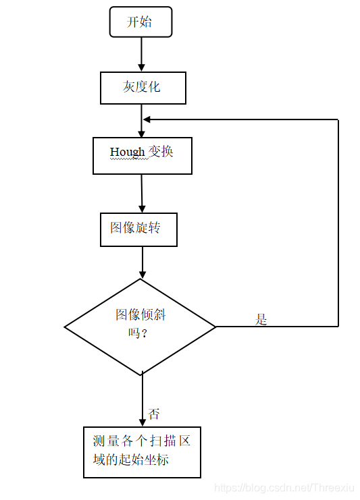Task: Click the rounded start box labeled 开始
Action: point(140,22)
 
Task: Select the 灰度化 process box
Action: point(143,88)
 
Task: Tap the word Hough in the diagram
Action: point(128,152)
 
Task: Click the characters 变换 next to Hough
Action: point(161,151)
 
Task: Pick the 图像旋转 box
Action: point(139,229)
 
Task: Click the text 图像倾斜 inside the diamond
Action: point(140,314)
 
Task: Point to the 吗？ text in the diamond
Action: point(138,333)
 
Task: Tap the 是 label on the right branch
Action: point(261,319)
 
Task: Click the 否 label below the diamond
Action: point(154,414)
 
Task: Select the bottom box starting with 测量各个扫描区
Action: point(142,452)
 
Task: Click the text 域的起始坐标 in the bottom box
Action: point(131,460)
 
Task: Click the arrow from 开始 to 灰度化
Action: point(141,54)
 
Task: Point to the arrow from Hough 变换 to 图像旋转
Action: point(142,194)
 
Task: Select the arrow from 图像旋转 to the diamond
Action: point(143,262)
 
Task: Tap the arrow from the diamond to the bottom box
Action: point(143,399)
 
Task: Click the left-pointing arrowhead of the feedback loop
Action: point(147,119)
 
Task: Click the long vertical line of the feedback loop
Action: point(338,223)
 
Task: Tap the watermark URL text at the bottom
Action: point(284,488)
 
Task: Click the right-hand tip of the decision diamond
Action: point(216,327)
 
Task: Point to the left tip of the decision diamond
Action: point(64,327)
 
